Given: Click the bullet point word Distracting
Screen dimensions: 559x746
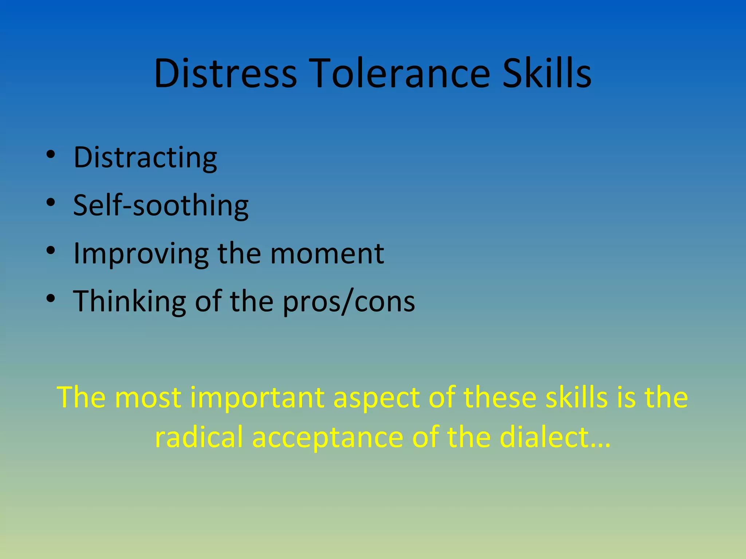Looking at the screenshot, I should (x=145, y=157).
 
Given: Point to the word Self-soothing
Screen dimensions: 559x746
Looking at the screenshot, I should (x=161, y=205).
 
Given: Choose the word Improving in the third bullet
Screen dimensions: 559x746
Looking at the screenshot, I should (x=141, y=254).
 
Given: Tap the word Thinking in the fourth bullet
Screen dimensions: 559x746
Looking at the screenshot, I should (x=129, y=301).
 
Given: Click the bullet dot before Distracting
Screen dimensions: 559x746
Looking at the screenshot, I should (x=51, y=154).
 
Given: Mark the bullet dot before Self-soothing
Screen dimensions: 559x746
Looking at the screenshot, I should (x=51, y=202).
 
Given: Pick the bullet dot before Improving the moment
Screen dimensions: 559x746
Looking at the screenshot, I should (x=51, y=250).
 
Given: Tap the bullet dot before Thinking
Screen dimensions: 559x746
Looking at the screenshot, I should (x=51, y=298).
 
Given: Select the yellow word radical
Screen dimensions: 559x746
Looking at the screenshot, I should (x=199, y=437).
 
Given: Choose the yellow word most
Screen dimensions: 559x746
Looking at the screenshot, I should (x=148, y=397).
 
